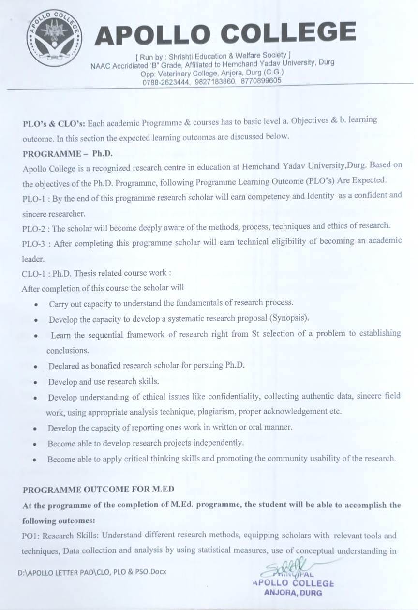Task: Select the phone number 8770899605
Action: (261, 81)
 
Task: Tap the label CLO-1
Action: (34, 273)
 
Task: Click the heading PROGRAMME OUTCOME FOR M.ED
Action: (98, 490)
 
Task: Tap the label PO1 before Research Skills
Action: (30, 536)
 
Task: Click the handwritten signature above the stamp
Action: (285, 566)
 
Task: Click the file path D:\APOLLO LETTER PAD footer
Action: (92, 572)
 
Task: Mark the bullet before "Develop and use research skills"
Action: (36, 382)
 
